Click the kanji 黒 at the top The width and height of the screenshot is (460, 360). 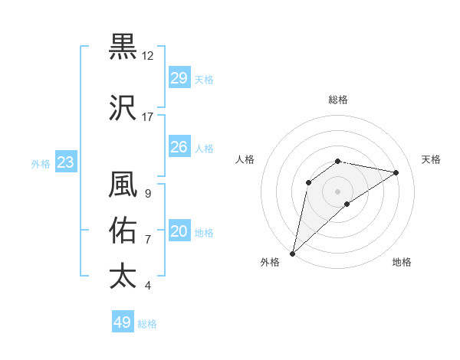pyautogui.click(x=123, y=47)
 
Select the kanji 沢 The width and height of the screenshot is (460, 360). pyautogui.click(x=123, y=108)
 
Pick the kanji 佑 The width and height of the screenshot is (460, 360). pyautogui.click(x=123, y=230)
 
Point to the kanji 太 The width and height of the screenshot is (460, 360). pyautogui.click(x=123, y=276)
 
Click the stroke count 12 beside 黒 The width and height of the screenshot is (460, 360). pyautogui.click(x=148, y=56)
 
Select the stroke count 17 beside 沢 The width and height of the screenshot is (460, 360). pyautogui.click(x=148, y=117)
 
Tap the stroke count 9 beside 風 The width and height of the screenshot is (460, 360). pyautogui.click(x=147, y=194)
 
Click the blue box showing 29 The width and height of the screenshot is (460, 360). pyautogui.click(x=179, y=78)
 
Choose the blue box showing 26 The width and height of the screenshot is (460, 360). pyautogui.click(x=179, y=147)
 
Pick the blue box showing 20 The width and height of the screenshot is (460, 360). pyautogui.click(x=179, y=232)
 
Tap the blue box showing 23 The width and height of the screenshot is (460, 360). pyautogui.click(x=65, y=162)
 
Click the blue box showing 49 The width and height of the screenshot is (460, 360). pyautogui.click(x=123, y=322)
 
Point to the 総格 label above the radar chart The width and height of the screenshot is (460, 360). pyautogui.click(x=338, y=100)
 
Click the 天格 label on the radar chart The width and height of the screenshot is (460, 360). pyautogui.click(x=431, y=159)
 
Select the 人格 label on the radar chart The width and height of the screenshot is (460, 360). pyautogui.click(x=245, y=159)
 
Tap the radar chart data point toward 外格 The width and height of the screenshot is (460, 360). pyautogui.click(x=292, y=253)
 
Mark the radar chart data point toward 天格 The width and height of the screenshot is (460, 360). pyautogui.click(x=396, y=172)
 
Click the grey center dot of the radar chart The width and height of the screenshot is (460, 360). pyautogui.click(x=337, y=191)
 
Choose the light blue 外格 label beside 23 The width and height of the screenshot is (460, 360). pyautogui.click(x=41, y=163)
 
